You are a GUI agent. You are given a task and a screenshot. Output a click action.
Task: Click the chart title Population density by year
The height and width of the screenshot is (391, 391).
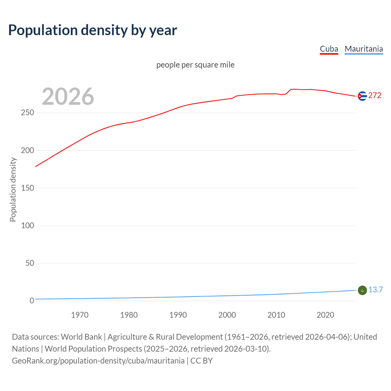(93, 30)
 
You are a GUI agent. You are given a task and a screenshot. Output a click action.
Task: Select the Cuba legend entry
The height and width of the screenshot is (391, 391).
(329, 49)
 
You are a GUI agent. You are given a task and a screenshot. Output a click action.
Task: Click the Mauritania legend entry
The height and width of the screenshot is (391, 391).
(364, 49)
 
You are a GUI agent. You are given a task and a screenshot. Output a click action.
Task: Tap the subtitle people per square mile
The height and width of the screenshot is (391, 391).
(195, 65)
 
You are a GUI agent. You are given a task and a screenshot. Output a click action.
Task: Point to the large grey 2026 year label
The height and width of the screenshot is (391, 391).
(68, 97)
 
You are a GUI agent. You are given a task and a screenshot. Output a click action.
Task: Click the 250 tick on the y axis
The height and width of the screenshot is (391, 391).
(27, 113)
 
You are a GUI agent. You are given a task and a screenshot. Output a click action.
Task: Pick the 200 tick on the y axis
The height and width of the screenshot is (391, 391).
(27, 150)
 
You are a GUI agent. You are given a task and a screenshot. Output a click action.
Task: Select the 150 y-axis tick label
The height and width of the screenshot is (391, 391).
(27, 188)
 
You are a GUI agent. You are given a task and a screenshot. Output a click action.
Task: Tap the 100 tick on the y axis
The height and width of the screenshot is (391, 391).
(27, 225)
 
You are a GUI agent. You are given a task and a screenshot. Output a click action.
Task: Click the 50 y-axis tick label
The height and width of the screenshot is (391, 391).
(30, 263)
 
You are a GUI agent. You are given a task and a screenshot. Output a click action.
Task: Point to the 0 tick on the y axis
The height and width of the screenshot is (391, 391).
(32, 301)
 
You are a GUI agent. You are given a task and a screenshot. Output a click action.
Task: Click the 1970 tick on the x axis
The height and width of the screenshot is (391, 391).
(80, 315)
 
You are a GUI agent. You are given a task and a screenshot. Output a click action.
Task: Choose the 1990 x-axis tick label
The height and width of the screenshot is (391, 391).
(178, 315)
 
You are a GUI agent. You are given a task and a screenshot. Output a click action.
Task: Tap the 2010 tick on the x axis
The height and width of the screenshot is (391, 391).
(276, 315)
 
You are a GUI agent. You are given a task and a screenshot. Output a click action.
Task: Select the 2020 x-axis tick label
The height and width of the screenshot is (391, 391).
(325, 315)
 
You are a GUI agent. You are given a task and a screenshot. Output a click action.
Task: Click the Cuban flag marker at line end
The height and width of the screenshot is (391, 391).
(362, 96)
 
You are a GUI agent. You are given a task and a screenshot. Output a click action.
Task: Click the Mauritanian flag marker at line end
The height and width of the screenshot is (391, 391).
(362, 291)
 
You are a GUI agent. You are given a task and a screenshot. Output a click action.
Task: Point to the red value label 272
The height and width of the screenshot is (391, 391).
(375, 96)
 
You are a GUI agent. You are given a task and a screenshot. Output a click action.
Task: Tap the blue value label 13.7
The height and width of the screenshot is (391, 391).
(375, 290)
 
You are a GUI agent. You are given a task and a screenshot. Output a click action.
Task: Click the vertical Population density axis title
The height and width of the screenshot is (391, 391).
(13, 189)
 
